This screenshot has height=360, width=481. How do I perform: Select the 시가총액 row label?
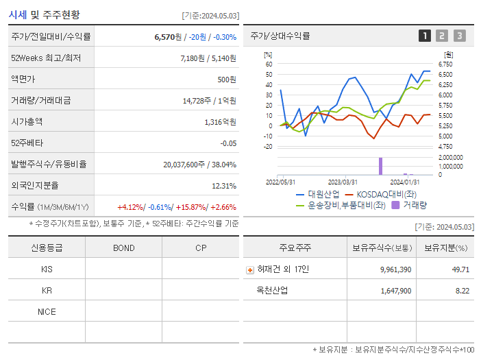pyautogui.click(x=27, y=121)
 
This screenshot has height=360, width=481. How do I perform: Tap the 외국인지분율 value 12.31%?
pyautogui.click(x=223, y=186)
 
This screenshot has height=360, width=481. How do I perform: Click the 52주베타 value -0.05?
pyautogui.click(x=227, y=143)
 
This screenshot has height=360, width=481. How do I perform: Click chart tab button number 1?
pyautogui.click(x=425, y=36)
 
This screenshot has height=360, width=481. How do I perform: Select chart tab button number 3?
pyautogui.click(x=459, y=36)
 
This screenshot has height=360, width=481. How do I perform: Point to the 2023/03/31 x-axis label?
pyautogui.click(x=343, y=182)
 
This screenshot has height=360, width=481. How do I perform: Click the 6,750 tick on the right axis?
pyautogui.click(x=445, y=64)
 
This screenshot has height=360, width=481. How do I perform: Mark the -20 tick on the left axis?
pyautogui.click(x=269, y=146)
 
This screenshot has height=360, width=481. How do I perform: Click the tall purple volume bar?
pyautogui.click(x=380, y=166)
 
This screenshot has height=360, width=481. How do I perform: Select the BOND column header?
pyautogui.click(x=124, y=248)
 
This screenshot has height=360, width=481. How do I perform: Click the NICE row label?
pyautogui.click(x=47, y=311)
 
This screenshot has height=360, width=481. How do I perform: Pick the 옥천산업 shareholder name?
pyautogui.click(x=272, y=291)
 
